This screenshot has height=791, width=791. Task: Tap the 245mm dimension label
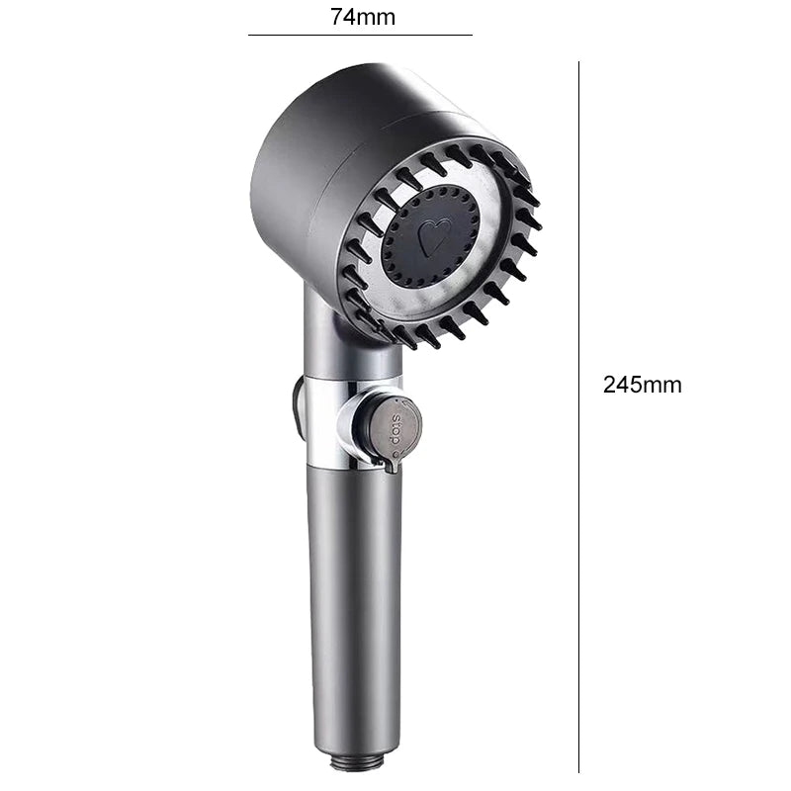(x=642, y=386)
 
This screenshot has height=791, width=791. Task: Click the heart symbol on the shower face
(x=432, y=236)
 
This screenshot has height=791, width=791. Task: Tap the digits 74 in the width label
(x=342, y=16)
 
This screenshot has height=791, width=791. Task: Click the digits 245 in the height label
(x=623, y=386)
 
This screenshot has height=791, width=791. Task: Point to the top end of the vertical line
(x=578, y=63)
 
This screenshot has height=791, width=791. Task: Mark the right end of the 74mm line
(x=472, y=35)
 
